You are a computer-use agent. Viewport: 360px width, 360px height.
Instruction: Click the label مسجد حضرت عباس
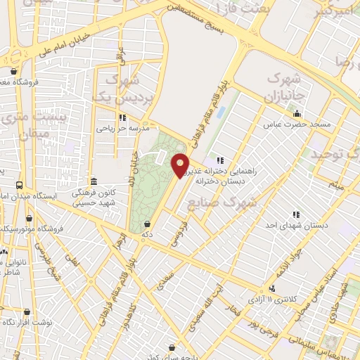pos(298,124)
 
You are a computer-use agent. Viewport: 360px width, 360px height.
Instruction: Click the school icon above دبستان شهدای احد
pos(296,214)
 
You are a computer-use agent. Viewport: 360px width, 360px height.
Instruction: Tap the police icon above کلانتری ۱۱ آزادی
pos(271,288)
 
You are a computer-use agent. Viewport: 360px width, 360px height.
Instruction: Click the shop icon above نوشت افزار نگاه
pos(27,311)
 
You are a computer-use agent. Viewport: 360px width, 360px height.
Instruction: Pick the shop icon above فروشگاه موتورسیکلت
pos(30,218)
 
